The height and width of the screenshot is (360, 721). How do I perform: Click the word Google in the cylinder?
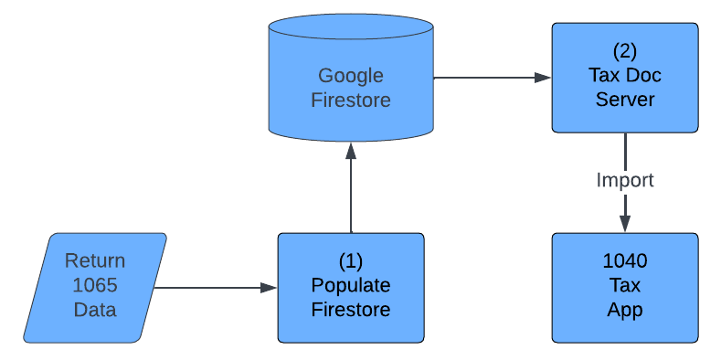[x=351, y=76]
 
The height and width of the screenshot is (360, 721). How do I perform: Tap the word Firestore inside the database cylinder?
[x=351, y=100]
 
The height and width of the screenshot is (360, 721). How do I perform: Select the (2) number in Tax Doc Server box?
[x=625, y=50]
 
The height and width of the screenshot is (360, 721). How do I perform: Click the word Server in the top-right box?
[x=625, y=99]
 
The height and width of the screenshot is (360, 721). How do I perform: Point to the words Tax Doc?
[x=625, y=75]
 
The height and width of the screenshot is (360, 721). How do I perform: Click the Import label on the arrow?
[x=625, y=180]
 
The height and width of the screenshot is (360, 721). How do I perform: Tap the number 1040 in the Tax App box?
[x=625, y=261]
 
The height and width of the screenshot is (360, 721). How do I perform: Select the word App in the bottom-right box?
[x=625, y=310]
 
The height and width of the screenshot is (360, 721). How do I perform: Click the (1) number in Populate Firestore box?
[x=351, y=260]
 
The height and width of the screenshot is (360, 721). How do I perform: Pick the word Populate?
[x=351, y=285]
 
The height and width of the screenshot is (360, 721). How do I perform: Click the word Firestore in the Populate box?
[x=351, y=310]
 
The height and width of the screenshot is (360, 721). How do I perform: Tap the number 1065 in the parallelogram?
[x=95, y=285]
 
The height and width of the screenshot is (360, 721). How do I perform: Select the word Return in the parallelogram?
[x=95, y=261]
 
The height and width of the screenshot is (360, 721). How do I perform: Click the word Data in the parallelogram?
[x=95, y=310]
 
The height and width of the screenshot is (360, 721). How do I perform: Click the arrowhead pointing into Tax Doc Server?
[x=544, y=78]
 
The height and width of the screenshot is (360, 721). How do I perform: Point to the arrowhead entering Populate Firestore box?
[x=269, y=288]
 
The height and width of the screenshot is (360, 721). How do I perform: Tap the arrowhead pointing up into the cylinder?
[x=351, y=151]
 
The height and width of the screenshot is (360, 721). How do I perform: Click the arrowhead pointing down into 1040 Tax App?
[x=625, y=224]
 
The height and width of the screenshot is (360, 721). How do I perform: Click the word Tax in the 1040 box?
[x=625, y=285]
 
